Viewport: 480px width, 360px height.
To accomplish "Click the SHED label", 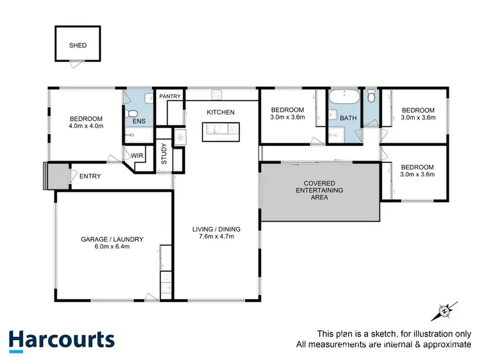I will click(77, 45).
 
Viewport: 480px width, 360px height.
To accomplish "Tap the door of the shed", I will click(76, 62).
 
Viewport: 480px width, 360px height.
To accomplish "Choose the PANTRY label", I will click(171, 97).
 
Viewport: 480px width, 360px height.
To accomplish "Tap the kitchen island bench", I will click(220, 132).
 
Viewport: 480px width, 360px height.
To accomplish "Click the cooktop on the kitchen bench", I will click(216, 95).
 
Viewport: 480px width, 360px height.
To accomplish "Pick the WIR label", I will click(137, 155).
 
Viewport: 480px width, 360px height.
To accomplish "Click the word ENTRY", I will click(90, 176).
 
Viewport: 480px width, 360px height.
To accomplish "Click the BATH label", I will click(348, 118).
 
